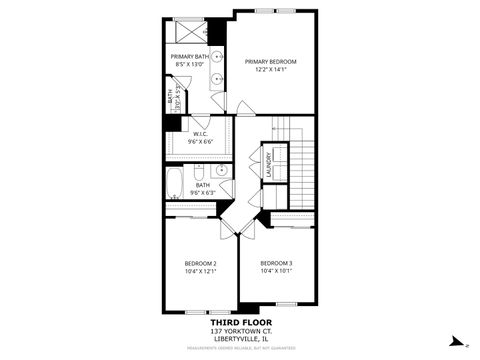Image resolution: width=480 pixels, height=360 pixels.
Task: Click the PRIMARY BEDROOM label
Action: coord(270,62)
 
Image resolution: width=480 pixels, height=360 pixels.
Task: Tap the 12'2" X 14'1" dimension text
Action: coord(270,70)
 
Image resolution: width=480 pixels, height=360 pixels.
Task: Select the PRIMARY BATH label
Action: coord(188,57)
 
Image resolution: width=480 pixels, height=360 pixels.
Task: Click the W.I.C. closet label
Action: coord(200,134)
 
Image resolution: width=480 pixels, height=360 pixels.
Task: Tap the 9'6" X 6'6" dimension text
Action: coord(200,142)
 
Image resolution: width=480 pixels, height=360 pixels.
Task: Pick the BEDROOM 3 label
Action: coord(276,263)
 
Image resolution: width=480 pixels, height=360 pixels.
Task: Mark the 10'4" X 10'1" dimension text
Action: coord(276,271)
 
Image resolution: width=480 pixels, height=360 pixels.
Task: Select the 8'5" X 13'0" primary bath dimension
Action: coord(188,65)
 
